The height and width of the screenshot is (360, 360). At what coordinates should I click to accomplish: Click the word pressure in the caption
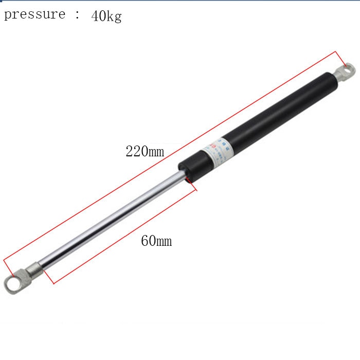pos(34,14)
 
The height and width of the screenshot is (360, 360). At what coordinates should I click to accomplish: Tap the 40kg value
pos(106,16)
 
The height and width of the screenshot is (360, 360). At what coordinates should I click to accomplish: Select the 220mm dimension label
pos(145,152)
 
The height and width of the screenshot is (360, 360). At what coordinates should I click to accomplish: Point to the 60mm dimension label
pos(156,241)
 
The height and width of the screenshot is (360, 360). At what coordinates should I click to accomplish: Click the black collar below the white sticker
pos(190,167)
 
